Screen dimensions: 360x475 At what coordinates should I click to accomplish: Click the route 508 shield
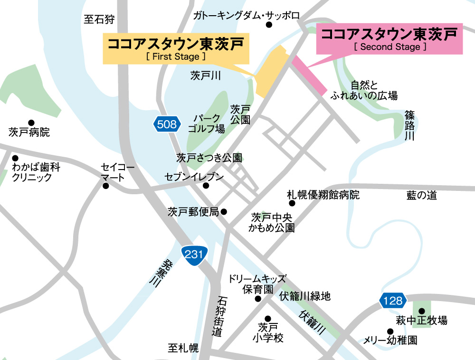[x=167, y=125]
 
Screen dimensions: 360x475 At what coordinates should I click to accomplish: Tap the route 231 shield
[x=194, y=255]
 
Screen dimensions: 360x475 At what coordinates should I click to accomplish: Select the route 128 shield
[x=393, y=300]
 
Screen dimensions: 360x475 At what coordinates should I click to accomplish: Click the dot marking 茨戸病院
[x=31, y=123]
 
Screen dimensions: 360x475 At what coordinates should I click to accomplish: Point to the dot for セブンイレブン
[x=206, y=186]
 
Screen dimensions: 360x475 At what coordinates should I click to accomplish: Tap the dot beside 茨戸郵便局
[x=224, y=212]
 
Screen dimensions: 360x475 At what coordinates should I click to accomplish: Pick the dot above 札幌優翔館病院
[x=292, y=203]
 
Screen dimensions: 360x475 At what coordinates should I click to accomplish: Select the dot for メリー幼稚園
[x=390, y=331]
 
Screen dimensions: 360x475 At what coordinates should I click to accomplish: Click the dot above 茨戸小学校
[x=267, y=319]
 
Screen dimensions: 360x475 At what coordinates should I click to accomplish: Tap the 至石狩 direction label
[x=99, y=19]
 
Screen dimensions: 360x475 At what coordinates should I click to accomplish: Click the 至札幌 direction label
[x=183, y=349]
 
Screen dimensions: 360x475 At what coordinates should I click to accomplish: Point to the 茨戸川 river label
[x=206, y=76]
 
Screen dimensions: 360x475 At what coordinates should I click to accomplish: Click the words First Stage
[x=176, y=56]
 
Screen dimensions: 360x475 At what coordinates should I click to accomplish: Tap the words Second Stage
[x=390, y=47]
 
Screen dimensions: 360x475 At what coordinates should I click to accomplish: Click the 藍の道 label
[x=421, y=195]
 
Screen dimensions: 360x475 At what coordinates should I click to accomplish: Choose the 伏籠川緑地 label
[x=304, y=297]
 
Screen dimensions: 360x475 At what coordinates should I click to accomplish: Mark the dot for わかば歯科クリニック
[x=15, y=158]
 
